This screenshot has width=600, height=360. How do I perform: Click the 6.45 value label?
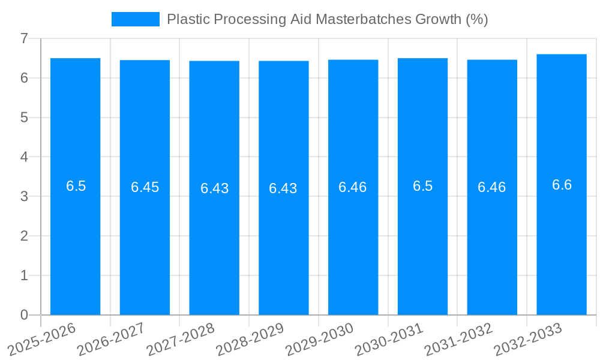pyautogui.click(x=145, y=187)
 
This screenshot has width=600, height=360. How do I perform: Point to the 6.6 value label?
pyautogui.click(x=562, y=185)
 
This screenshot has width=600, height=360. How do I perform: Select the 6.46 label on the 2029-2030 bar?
pyautogui.click(x=353, y=187)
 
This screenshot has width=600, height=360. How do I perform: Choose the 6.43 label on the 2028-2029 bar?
pyautogui.click(x=283, y=188)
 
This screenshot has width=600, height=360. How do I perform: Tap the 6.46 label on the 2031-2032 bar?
pyautogui.click(x=492, y=187)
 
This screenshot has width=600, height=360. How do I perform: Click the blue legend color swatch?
pyautogui.click(x=136, y=19)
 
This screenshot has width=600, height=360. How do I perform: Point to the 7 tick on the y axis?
pyautogui.click(x=24, y=38)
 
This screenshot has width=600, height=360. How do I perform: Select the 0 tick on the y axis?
pyautogui.click(x=24, y=315)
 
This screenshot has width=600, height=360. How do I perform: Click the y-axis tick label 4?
pyautogui.click(x=24, y=157)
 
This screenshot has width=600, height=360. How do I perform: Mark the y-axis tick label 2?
pyautogui.click(x=24, y=236)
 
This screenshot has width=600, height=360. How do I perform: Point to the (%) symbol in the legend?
pyautogui.click(x=477, y=19)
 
